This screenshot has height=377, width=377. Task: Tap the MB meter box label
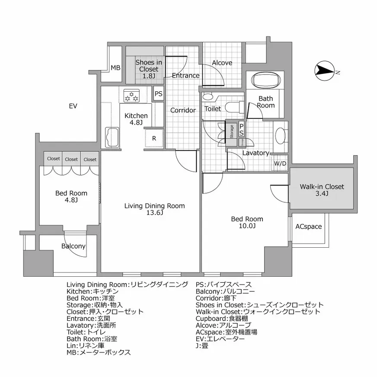point(115,68)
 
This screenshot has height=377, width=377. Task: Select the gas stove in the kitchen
point(131,96)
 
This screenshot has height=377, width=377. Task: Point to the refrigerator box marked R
point(154,139)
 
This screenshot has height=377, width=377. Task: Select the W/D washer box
point(280,163)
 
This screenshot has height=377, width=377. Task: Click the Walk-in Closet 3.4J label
point(322,190)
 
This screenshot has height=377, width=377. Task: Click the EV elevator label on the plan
point(73,106)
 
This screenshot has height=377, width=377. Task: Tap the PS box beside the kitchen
point(159,93)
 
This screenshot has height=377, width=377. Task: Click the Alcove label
point(222,63)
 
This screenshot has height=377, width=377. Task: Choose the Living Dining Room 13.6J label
point(154,209)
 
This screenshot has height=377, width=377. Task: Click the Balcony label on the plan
point(73,246)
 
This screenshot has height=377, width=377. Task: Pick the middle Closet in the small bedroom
point(71,159)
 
